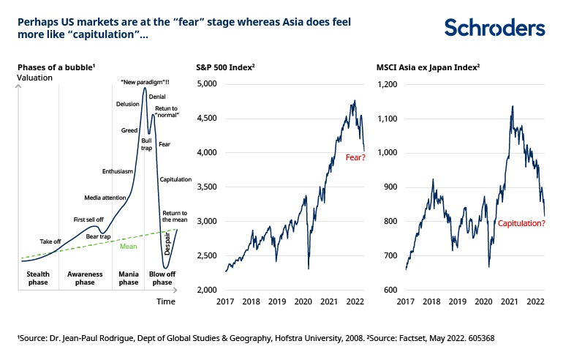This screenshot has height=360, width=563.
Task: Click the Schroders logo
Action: [x=494, y=28]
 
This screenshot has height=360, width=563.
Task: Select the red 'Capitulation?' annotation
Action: [x=521, y=222]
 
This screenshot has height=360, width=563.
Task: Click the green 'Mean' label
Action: [x=129, y=246]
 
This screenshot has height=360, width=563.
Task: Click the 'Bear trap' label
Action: [x=98, y=236]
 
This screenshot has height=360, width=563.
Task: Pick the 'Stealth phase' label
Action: [x=32, y=277]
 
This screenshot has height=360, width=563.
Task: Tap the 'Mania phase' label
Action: [x=129, y=277]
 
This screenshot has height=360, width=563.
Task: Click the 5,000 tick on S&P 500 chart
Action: [x=208, y=84]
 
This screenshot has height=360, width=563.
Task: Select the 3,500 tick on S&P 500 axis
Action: [x=208, y=187]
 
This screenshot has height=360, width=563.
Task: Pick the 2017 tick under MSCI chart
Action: [x=406, y=301]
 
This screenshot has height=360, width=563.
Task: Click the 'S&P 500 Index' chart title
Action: [x=224, y=67]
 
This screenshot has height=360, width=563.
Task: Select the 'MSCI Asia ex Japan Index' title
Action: [x=427, y=67]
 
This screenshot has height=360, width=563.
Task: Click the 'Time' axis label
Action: [x=166, y=301]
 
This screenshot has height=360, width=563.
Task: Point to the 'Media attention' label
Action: [x=106, y=198]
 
